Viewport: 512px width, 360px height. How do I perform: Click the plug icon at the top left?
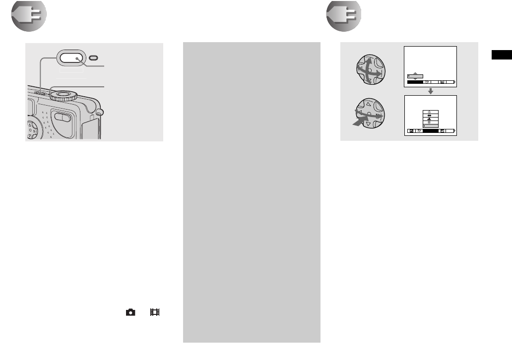pyautogui.click(x=29, y=16)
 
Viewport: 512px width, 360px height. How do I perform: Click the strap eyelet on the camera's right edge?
pyautogui.click(x=99, y=112)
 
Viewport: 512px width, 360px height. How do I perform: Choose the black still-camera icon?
pyautogui.click(x=130, y=312)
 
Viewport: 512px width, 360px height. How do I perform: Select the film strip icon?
pyautogui.click(x=155, y=312)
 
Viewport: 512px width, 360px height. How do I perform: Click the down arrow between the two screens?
pyautogui.click(x=431, y=91)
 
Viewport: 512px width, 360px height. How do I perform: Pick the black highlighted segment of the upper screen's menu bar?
pyautogui.click(x=415, y=82)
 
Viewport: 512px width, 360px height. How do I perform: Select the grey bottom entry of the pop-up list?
pyautogui.click(x=429, y=126)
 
